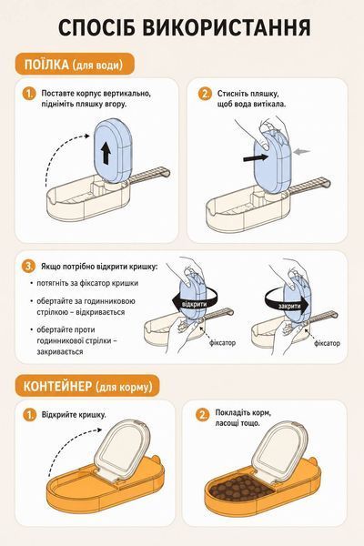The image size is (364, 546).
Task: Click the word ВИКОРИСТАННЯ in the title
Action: click(x=227, y=28)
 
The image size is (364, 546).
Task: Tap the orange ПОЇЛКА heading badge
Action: click(x=75, y=64)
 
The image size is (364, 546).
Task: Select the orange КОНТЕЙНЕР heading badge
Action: click(x=87, y=386)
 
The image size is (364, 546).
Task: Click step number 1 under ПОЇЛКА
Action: click(x=29, y=94)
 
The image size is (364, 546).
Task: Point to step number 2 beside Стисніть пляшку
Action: click(x=205, y=94)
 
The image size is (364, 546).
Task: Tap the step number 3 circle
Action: click(x=28, y=267)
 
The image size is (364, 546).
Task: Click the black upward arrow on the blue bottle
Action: click(x=106, y=155)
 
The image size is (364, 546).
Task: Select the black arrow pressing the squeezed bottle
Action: click(x=256, y=157)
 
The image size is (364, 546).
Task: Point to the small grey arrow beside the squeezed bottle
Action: click(x=301, y=151)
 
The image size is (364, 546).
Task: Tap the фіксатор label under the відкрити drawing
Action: click(x=223, y=343)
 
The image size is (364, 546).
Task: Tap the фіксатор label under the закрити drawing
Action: click(x=327, y=343)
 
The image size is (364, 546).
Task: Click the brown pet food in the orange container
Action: click(x=240, y=487)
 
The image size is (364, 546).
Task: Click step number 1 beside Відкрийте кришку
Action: click(x=30, y=415)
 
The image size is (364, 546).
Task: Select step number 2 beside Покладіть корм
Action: click(x=203, y=415)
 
